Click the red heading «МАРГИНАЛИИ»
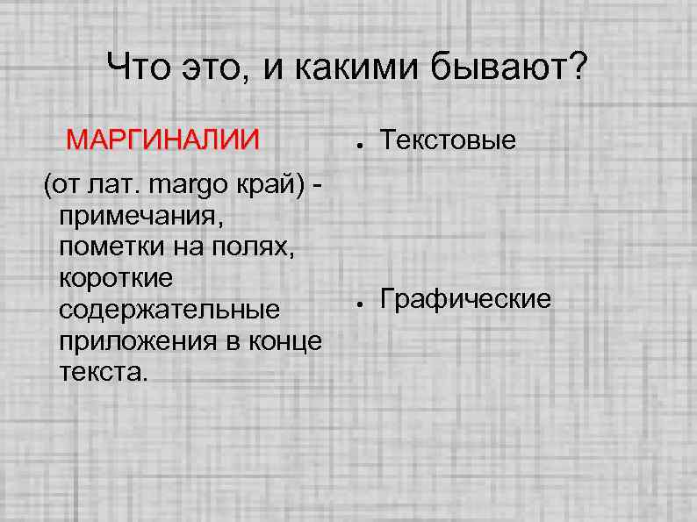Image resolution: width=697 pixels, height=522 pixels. pos(163,139)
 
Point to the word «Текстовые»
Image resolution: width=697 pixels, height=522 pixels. pos(448,139)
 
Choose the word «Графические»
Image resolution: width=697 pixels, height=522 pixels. pos(466,300)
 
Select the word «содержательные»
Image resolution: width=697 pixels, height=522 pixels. pos(169,310)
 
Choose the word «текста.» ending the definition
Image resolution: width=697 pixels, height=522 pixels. pos(101,372)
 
